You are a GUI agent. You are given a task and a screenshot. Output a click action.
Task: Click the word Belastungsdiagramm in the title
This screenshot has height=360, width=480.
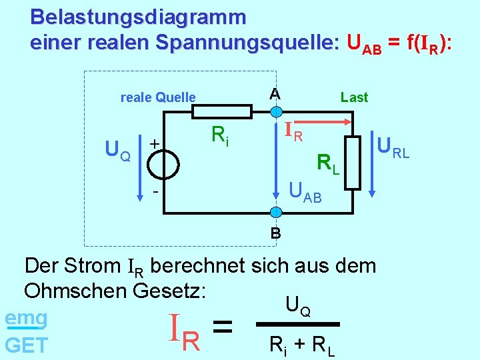coord(138,16)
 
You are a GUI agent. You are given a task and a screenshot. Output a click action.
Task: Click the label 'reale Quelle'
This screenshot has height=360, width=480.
coord(158,97)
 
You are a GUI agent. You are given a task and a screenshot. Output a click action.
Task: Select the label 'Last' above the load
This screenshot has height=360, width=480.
coord(354,97)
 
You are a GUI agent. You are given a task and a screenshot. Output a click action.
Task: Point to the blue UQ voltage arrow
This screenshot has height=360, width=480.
coord(139,161)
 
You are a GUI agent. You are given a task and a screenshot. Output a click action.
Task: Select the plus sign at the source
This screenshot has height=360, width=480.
coord(154,143)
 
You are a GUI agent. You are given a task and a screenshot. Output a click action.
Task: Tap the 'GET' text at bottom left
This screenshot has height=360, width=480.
coord(26,345)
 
